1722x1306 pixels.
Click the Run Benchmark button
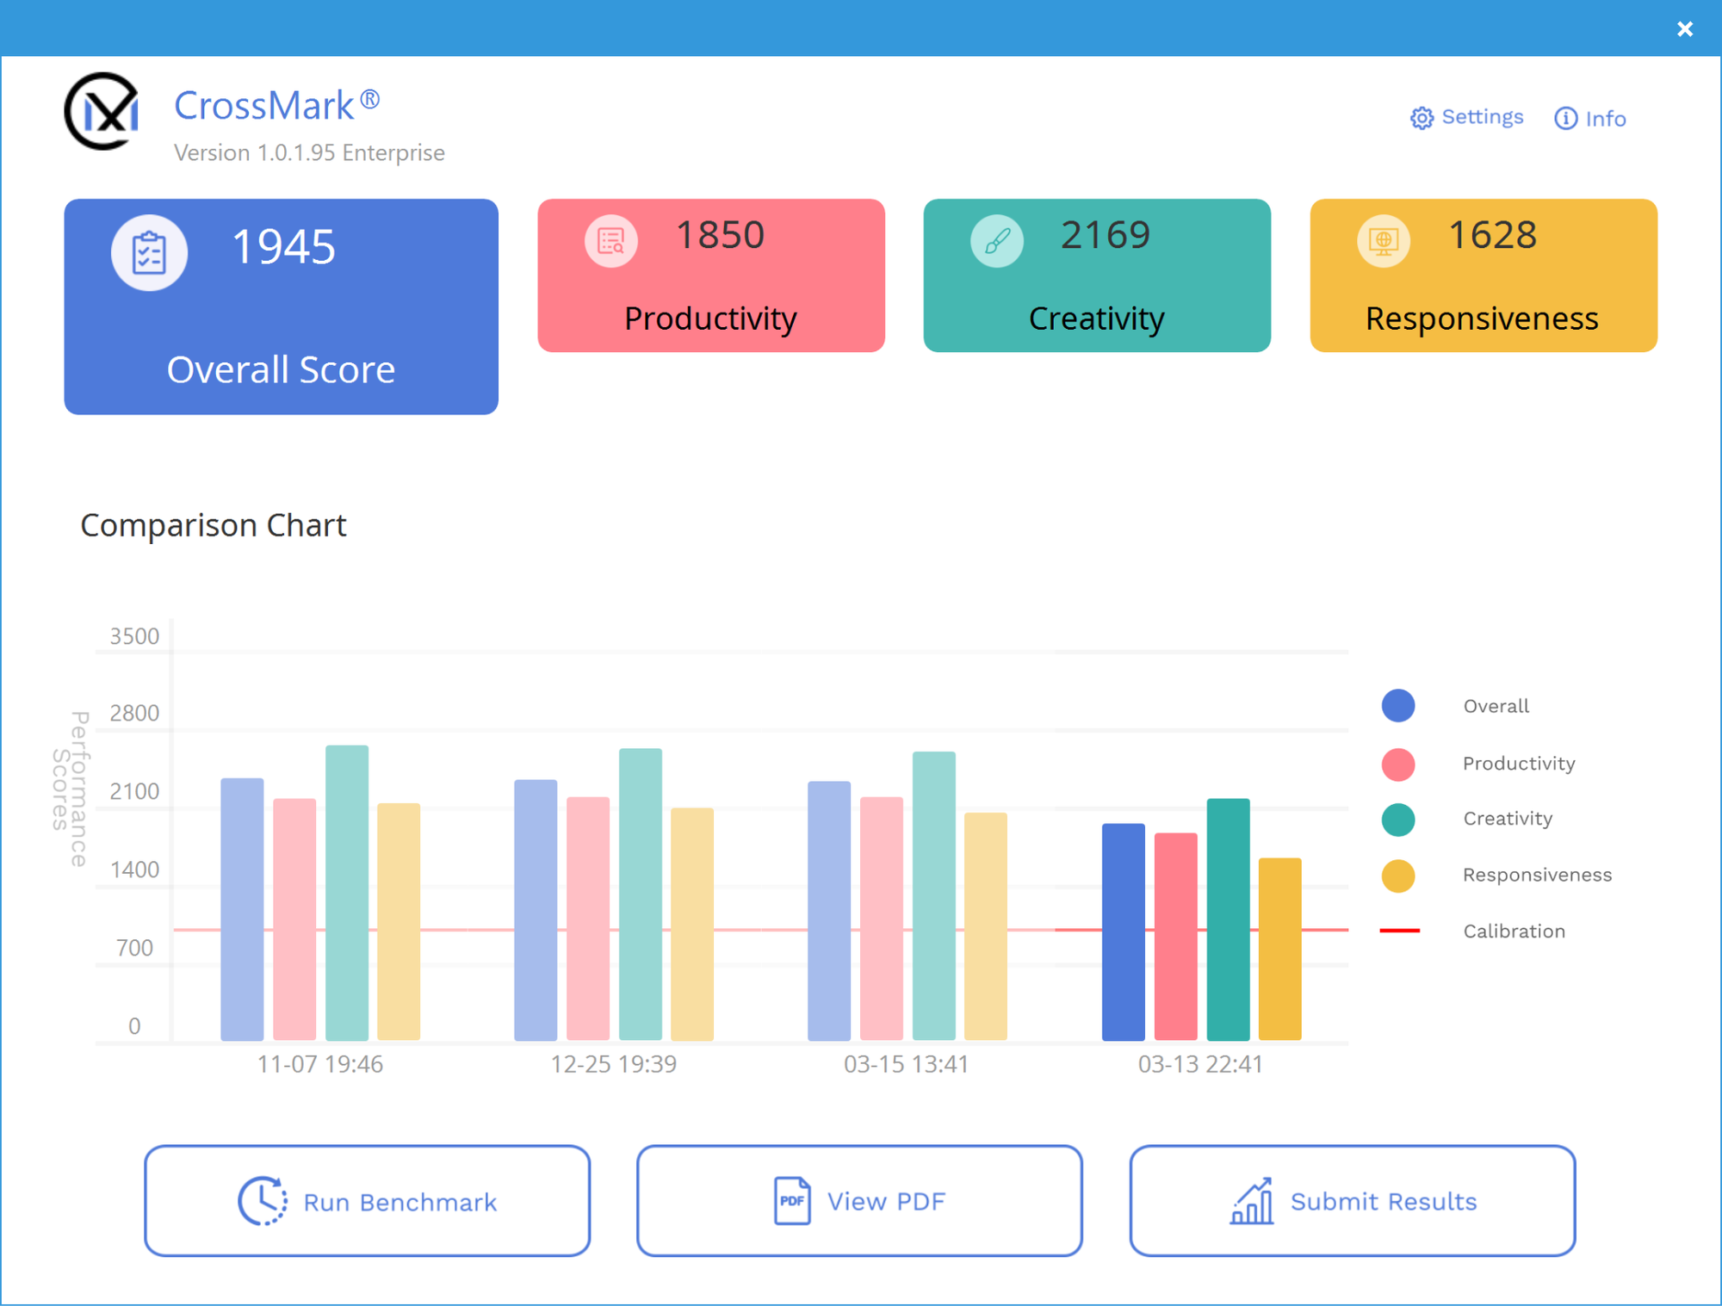(x=368, y=1201)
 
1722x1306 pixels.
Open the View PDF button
(x=859, y=1201)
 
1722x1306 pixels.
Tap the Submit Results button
(x=1353, y=1201)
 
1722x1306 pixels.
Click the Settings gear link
(x=1466, y=117)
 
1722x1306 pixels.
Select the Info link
(x=1590, y=118)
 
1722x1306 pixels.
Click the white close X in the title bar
(x=1685, y=29)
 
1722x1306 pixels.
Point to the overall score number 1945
(x=283, y=247)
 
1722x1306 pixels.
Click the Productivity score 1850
(x=720, y=235)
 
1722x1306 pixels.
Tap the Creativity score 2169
(x=1106, y=235)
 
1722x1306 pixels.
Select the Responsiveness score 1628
(x=1492, y=235)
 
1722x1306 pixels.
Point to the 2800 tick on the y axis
(x=134, y=713)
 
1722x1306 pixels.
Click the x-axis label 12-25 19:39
(x=613, y=1064)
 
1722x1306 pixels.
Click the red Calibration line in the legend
(x=1399, y=931)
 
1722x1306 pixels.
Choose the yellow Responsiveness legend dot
(x=1398, y=876)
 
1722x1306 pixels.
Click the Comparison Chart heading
(x=214, y=525)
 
